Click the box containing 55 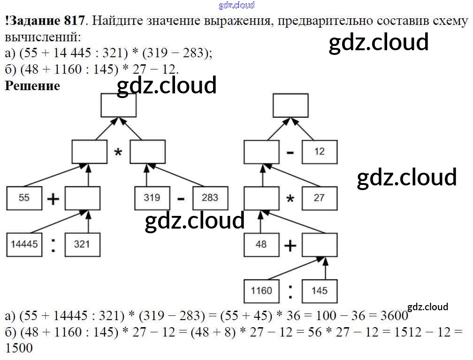pos(24,198)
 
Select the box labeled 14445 pos(24,244)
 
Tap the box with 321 pos(82,244)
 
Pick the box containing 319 pos(152,198)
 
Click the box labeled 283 pos(210,198)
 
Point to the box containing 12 pos(319,152)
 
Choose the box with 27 pos(319,198)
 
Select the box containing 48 pos(261,244)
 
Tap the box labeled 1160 pos(261,291)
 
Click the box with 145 pos(319,291)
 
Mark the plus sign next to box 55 pos(53,199)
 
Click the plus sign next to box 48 pos(290,245)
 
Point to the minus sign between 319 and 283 pos(181,199)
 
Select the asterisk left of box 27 pos(290,199)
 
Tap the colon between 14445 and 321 pos(53,245)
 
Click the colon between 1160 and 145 pos(290,291)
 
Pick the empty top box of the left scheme pos(118,105)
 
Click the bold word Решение pos(32,86)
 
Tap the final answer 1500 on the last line pos(19,348)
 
